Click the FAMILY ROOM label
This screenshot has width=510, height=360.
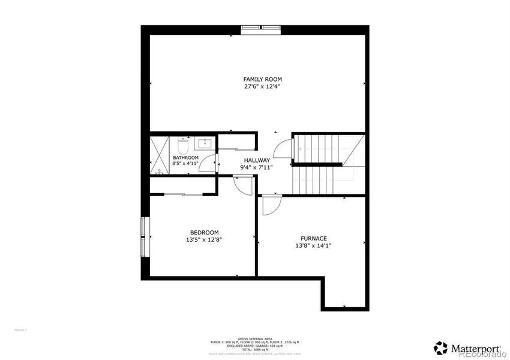pyautogui.click(x=262, y=79)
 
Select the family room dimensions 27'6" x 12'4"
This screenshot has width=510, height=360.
pyautogui.click(x=262, y=87)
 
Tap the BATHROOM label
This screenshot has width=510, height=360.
pyautogui.click(x=185, y=158)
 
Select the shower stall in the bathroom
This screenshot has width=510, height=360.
pyautogui.click(x=160, y=155)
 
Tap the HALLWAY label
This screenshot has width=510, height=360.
pyautogui.click(x=256, y=160)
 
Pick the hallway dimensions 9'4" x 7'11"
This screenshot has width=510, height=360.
pyautogui.click(x=256, y=168)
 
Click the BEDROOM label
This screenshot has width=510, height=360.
pyautogui.click(x=204, y=233)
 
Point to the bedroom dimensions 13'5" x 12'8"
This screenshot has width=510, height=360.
pyautogui.click(x=204, y=240)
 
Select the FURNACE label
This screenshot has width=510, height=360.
pyautogui.click(x=310, y=238)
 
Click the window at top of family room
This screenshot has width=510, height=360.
pyautogui.click(x=260, y=27)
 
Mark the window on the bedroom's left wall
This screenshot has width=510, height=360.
pyautogui.click(x=143, y=236)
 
